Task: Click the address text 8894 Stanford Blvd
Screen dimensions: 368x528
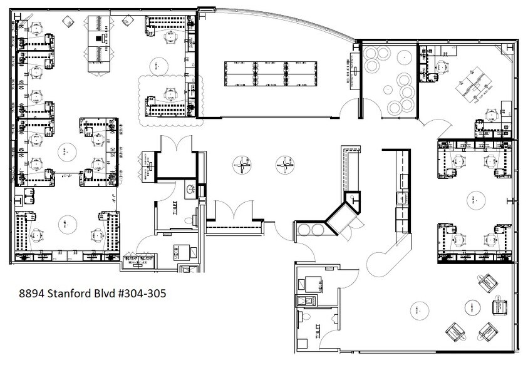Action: click(68, 293)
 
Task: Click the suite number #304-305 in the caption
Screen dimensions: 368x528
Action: click(145, 293)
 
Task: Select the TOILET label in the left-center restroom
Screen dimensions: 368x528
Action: click(177, 206)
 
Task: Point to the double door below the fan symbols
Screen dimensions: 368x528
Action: click(233, 210)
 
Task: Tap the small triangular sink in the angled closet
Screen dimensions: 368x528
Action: click(356, 200)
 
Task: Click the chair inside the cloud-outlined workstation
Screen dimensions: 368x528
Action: click(168, 95)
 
